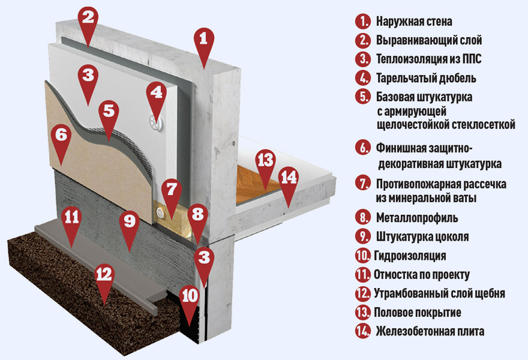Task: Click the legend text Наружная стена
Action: pyautogui.click(x=414, y=22)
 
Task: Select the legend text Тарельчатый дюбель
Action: pyautogui.click(x=426, y=78)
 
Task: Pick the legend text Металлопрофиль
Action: pyautogui.click(x=417, y=218)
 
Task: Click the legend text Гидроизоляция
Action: pyautogui.click(x=410, y=256)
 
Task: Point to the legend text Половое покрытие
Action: pyautogui.click(x=417, y=312)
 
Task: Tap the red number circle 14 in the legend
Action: pyautogui.click(x=363, y=331)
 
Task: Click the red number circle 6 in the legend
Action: pyautogui.click(x=363, y=148)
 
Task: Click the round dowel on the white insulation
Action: pyautogui.click(x=155, y=122)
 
